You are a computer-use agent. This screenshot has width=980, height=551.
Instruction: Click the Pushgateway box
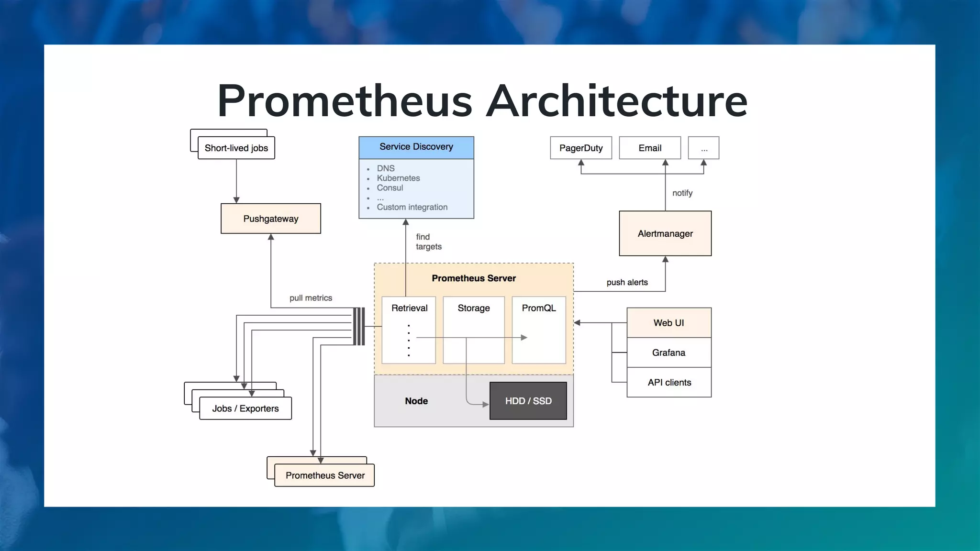click(x=270, y=219)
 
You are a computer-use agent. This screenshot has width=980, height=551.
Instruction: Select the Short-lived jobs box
click(x=236, y=148)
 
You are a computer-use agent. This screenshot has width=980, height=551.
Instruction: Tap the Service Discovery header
click(x=416, y=147)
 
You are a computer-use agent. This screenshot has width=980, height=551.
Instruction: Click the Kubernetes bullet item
click(x=398, y=178)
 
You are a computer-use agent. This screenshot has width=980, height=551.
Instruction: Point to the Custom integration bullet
click(x=412, y=207)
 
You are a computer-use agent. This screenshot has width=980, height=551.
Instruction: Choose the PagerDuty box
click(x=580, y=148)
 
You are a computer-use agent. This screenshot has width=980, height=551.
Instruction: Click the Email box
click(x=649, y=148)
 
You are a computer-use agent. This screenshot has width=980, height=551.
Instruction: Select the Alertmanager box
click(x=665, y=233)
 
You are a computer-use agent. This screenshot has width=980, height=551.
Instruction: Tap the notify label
click(x=682, y=193)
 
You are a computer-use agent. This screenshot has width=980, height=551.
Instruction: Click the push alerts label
click(x=627, y=282)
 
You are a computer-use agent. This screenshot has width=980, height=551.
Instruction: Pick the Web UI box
click(x=668, y=323)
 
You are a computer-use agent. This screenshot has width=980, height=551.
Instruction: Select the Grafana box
click(x=668, y=353)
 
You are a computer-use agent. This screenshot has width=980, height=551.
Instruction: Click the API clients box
click(x=668, y=382)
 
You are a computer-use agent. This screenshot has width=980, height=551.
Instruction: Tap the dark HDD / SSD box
click(x=528, y=401)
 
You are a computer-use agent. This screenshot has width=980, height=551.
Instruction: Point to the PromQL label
click(x=538, y=308)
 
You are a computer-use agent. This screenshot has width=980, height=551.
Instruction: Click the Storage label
click(x=473, y=308)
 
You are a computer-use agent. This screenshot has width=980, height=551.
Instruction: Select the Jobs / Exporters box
click(x=245, y=408)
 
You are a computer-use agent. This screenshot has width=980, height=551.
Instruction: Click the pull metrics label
click(x=311, y=298)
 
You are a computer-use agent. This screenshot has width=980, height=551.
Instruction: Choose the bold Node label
click(x=416, y=401)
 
